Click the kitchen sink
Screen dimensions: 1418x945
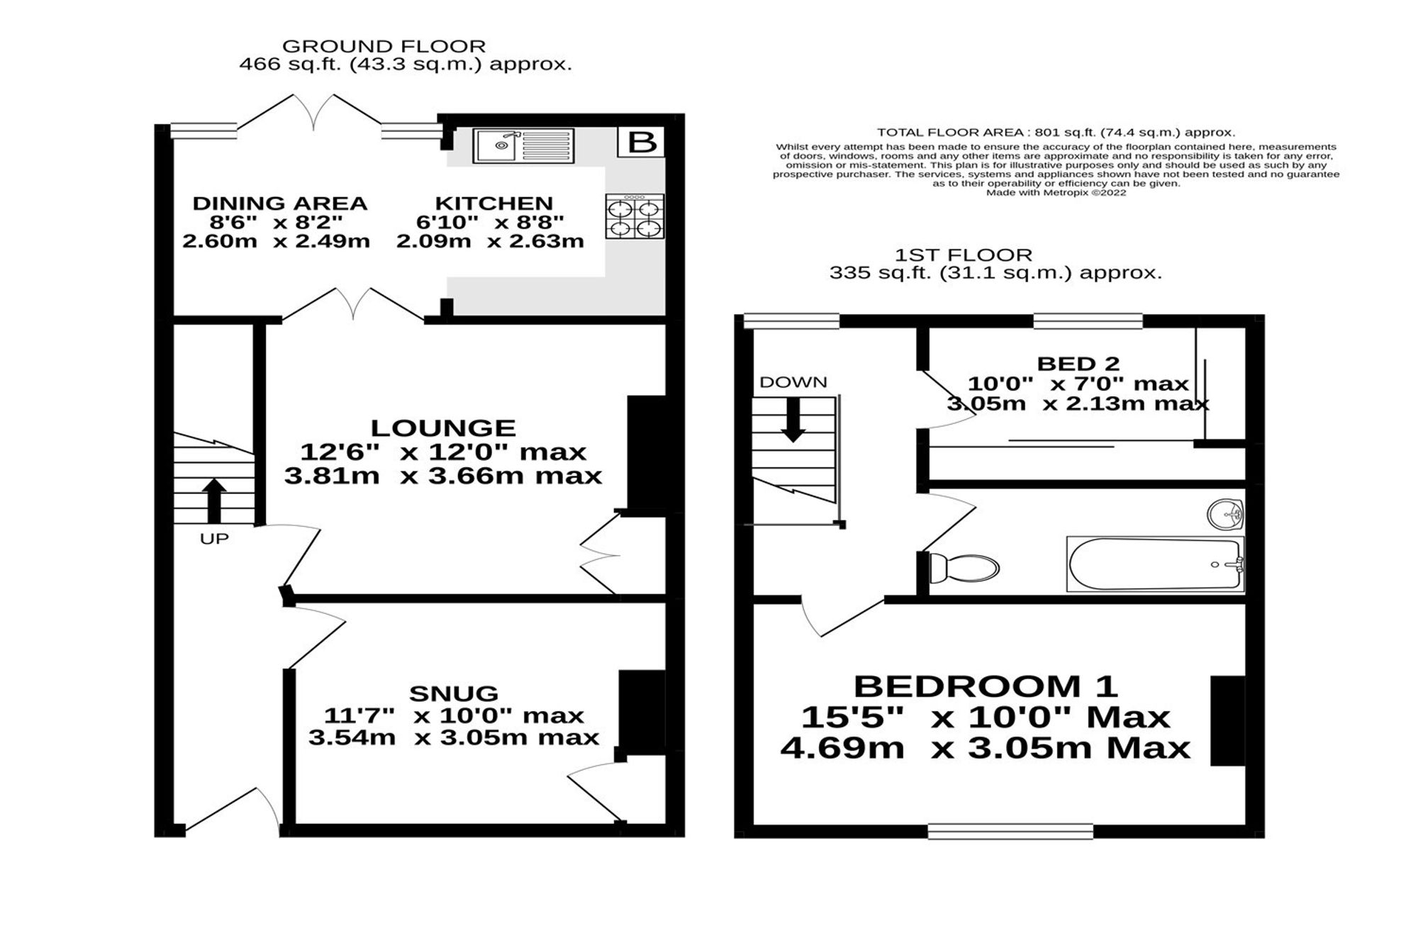pyautogui.click(x=524, y=145)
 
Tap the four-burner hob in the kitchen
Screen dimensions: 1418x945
pyautogui.click(x=635, y=216)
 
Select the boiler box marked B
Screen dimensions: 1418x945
pyautogui.click(x=642, y=142)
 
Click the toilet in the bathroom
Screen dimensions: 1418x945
pyautogui.click(x=964, y=568)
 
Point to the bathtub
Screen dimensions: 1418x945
pyautogui.click(x=1155, y=564)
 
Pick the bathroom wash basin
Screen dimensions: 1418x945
pyautogui.click(x=1224, y=514)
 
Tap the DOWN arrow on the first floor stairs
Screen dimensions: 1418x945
pyautogui.click(x=793, y=419)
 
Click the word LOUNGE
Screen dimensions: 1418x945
pyautogui.click(x=443, y=427)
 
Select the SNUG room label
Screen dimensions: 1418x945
pyautogui.click(x=454, y=693)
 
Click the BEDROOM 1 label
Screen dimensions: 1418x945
pyautogui.click(x=986, y=686)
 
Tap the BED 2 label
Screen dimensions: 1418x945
pyautogui.click(x=1078, y=364)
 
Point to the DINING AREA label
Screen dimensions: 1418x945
pyautogui.click(x=280, y=203)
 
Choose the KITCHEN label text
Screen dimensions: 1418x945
pyautogui.click(x=493, y=203)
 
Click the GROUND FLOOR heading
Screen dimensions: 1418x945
pyautogui.click(x=384, y=46)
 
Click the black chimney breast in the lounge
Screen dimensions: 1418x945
pyautogui.click(x=647, y=453)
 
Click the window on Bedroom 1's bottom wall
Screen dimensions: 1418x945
pyautogui.click(x=1011, y=831)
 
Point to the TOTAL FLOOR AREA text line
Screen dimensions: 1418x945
pyautogui.click(x=1056, y=133)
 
